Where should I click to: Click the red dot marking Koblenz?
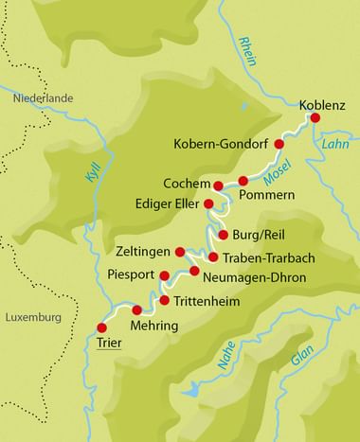tap(316, 118)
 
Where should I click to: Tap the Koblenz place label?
tap(322, 104)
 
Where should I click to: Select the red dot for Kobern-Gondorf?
tap(279, 144)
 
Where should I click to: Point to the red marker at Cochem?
tap(219, 185)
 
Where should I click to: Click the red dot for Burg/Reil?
tap(223, 235)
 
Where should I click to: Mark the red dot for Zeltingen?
tap(179, 252)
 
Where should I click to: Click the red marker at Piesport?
tap(165, 277)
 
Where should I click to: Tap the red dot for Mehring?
tap(136, 309)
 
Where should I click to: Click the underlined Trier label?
tap(110, 343)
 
